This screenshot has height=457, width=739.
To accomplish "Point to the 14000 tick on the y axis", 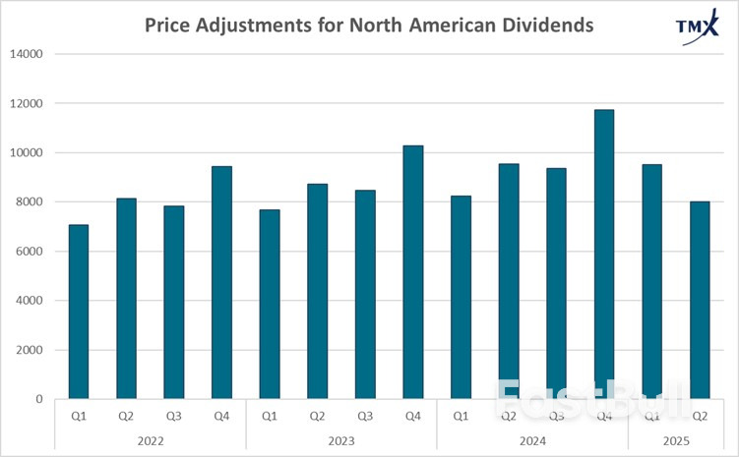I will pyautogui.click(x=30, y=54).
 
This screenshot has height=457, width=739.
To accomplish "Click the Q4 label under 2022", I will pyautogui.click(x=221, y=416).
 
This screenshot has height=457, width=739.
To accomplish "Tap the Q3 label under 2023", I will pyautogui.click(x=365, y=416).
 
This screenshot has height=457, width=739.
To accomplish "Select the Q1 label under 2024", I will pyautogui.click(x=461, y=416).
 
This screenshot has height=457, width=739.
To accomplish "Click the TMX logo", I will pyautogui.click(x=697, y=29).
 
